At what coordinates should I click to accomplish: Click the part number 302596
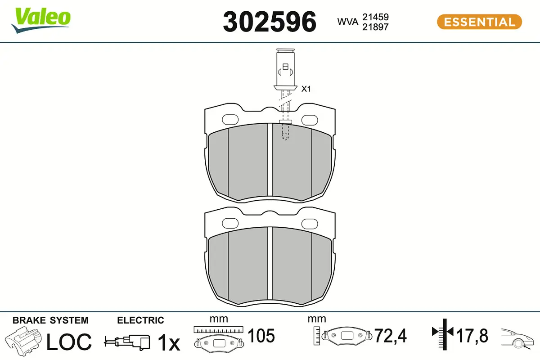270,22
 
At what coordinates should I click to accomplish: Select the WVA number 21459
375,17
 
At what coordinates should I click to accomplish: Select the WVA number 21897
375,27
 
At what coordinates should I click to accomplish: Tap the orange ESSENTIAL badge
479,22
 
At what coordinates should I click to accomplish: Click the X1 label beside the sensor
306,89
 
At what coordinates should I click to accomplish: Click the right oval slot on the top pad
310,119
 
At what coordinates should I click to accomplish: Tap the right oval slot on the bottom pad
310,223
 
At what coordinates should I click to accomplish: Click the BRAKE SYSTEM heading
50,320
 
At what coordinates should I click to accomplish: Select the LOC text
69,342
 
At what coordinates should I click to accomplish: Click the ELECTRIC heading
140,320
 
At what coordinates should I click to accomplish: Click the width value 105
261,336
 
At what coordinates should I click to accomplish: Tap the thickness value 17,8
472,336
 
